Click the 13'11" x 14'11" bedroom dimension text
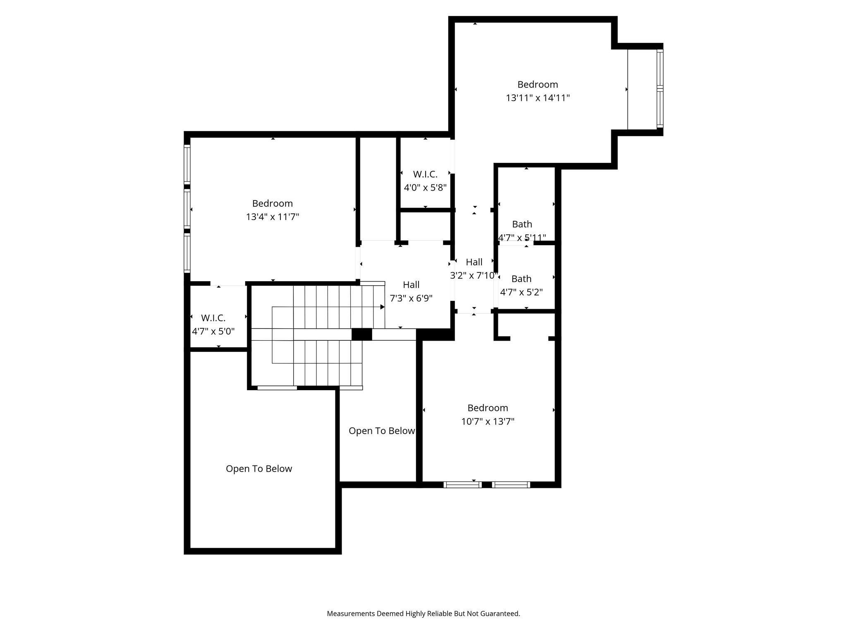(x=538, y=98)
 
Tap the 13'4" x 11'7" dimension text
(x=273, y=217)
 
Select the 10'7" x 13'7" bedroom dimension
(x=488, y=422)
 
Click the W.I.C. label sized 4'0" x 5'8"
(x=425, y=174)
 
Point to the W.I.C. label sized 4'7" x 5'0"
(x=213, y=318)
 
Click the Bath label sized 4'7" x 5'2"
(x=521, y=279)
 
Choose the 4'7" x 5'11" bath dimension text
(x=522, y=238)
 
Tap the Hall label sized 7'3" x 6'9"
(x=411, y=284)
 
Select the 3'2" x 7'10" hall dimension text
(x=474, y=275)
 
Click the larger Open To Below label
(x=259, y=468)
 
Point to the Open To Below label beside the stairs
(x=381, y=431)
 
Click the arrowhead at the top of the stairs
(x=383, y=307)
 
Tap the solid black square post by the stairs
(x=361, y=334)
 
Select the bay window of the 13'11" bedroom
(x=660, y=89)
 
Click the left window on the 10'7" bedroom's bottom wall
(x=462, y=485)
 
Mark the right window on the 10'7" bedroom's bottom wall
(x=511, y=485)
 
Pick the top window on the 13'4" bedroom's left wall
(x=187, y=165)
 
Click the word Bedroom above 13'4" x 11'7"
(x=273, y=203)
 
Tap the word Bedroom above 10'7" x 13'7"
(x=488, y=408)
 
